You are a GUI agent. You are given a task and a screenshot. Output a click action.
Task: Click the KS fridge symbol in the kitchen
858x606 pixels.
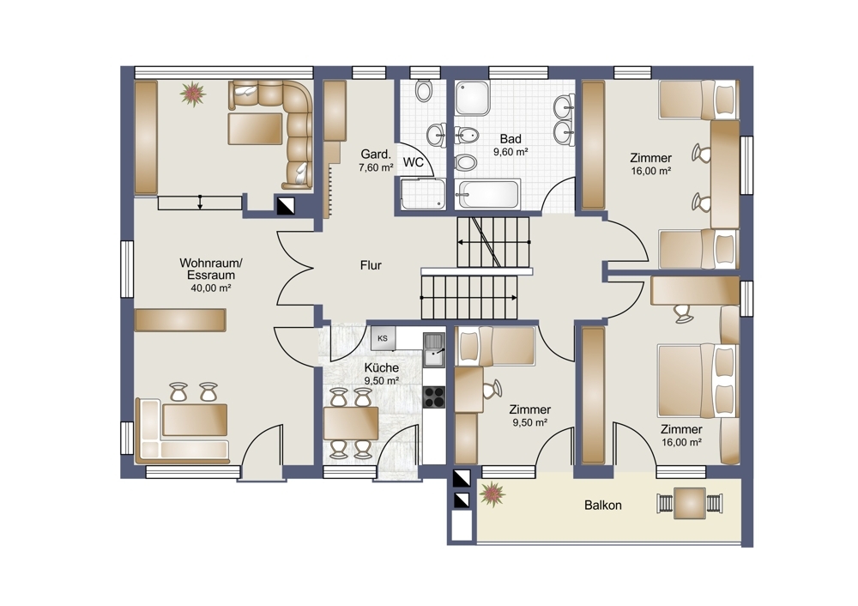383,338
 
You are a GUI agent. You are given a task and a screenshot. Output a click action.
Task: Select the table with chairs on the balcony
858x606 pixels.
689,504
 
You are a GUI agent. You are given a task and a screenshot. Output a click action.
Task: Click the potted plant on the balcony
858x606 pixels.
492,494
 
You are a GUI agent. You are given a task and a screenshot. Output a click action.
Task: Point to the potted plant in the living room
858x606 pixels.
192,93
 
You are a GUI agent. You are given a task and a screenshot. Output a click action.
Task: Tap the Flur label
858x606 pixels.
370,265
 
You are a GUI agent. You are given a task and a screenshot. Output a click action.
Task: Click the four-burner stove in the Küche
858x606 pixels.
435,397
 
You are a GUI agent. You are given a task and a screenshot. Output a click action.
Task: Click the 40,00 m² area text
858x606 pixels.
211,288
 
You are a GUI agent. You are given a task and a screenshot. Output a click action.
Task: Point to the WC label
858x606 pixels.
413,162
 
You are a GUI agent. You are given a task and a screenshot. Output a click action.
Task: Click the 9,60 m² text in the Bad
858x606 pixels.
510,152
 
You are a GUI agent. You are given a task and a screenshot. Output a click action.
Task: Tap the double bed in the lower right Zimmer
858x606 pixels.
697,379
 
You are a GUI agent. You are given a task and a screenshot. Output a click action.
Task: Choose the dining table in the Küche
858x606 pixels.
352,422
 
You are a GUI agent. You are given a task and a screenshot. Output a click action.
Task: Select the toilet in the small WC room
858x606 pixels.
423,91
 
